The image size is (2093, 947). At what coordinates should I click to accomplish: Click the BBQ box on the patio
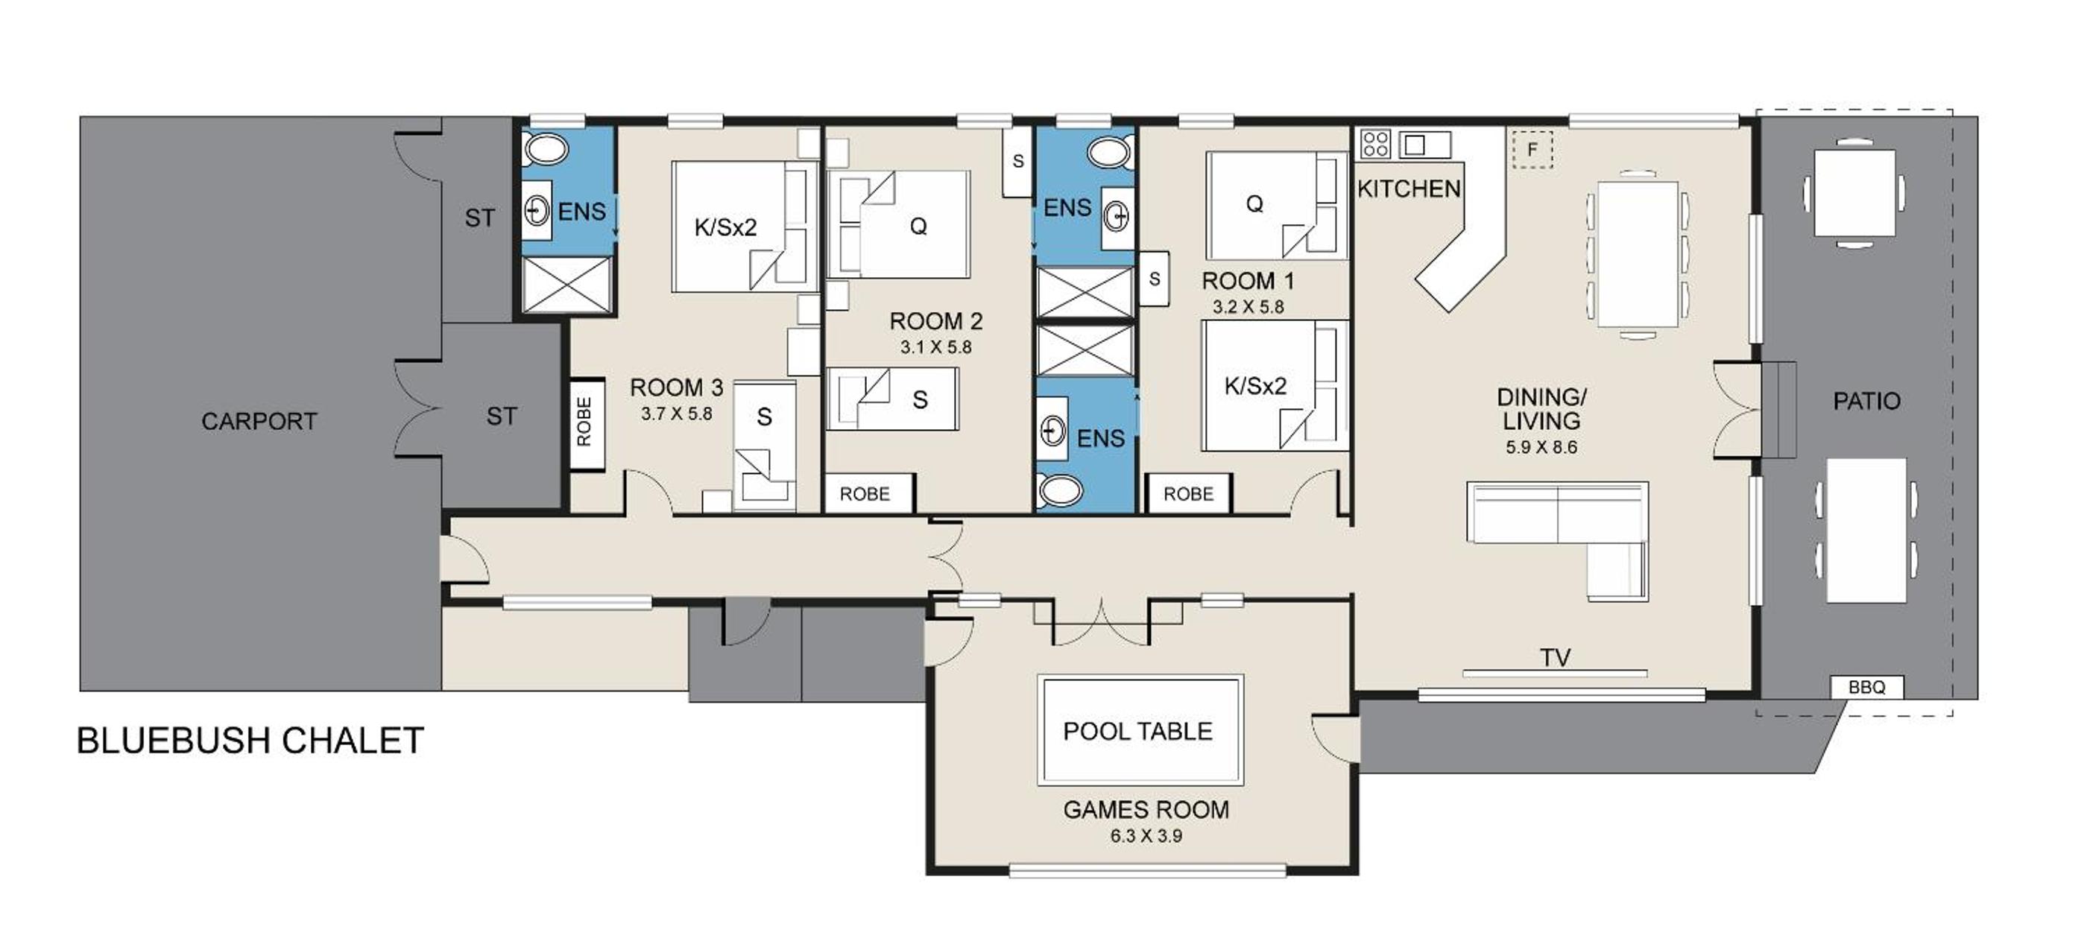click(x=1866, y=687)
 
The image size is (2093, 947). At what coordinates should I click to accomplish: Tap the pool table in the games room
click(x=1140, y=729)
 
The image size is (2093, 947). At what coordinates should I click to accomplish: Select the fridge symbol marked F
click(x=1532, y=150)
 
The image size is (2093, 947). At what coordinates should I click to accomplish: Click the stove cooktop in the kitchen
click(x=1374, y=144)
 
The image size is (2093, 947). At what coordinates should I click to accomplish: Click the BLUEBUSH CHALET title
click(x=250, y=741)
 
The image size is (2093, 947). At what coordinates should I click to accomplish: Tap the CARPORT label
click(x=259, y=421)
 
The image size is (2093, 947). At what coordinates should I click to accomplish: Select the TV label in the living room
click(x=1555, y=657)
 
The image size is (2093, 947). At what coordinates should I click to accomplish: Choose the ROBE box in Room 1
click(x=1188, y=493)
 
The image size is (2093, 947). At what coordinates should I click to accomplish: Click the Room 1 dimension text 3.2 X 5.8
click(x=1248, y=307)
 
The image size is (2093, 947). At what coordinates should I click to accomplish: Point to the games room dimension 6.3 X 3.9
click(x=1146, y=836)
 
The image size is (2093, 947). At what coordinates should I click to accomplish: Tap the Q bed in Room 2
click(x=898, y=224)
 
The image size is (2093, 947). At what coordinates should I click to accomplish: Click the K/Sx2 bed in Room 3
click(x=744, y=227)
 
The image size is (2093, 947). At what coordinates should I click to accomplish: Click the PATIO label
click(x=1866, y=401)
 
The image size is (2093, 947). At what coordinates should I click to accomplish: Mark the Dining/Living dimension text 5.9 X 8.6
click(x=1541, y=448)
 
